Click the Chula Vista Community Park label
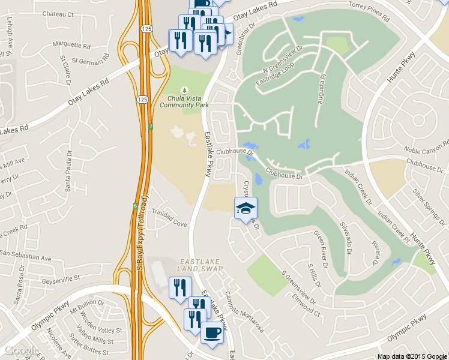(184, 101)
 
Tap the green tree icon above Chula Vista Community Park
(184, 89)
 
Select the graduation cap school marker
(245, 208)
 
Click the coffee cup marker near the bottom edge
(211, 332)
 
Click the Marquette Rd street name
(71, 45)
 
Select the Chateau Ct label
(57, 13)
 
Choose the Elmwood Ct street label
(307, 304)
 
